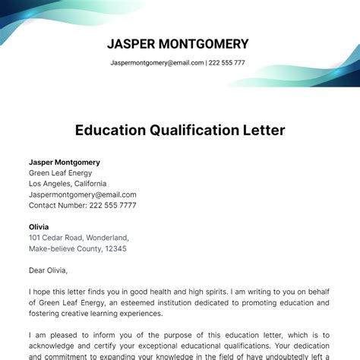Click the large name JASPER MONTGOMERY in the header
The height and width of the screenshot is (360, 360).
178,43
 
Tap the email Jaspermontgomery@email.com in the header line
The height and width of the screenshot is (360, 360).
156,63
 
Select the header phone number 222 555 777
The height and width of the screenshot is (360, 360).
227,63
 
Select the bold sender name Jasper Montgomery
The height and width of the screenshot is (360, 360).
65,163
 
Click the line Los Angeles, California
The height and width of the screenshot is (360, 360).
68,184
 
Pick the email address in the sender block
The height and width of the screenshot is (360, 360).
82,194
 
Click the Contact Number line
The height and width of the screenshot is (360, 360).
83,205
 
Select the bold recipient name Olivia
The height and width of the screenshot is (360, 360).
39,227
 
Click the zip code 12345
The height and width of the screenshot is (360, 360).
115,248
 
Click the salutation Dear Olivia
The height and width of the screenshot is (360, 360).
48,270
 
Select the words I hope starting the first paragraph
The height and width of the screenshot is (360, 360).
40,292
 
